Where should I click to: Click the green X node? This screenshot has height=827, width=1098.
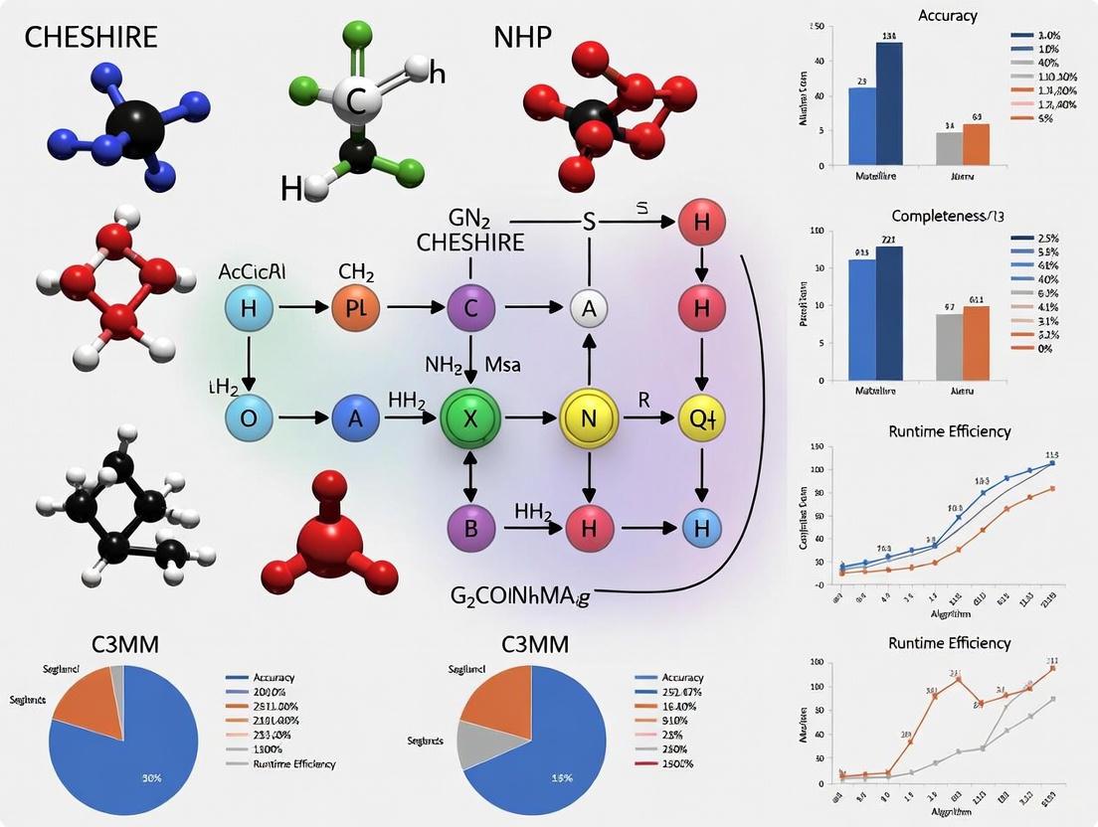(471, 419)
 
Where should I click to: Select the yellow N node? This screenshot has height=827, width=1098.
(590, 419)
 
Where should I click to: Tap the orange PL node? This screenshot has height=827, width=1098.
(356, 308)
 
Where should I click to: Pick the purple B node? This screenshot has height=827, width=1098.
(471, 527)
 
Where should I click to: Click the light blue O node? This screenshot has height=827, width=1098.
(249, 418)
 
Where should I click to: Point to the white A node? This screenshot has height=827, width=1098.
(588, 309)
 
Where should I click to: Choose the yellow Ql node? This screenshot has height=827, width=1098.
(702, 419)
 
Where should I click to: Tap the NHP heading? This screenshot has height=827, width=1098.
(524, 37)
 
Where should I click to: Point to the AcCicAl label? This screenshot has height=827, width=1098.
(251, 272)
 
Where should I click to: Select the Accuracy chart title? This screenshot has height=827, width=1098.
(947, 16)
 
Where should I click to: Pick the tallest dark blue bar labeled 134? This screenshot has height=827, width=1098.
(888, 102)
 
